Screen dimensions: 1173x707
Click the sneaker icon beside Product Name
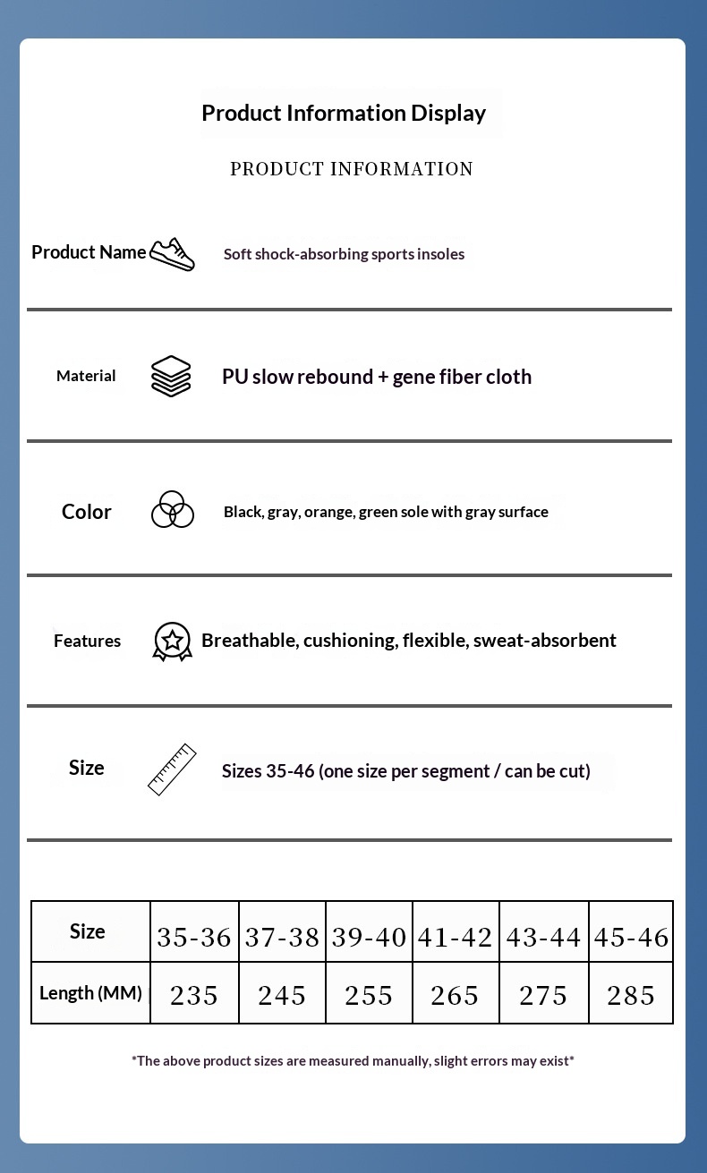[172, 254]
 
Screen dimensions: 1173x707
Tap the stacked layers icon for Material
[171, 376]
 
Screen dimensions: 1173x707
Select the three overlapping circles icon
[172, 510]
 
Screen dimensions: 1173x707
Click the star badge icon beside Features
[172, 641]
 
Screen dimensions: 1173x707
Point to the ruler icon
[172, 769]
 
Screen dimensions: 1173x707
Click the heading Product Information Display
[344, 113]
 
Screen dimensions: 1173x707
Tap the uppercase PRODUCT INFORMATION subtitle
[352, 169]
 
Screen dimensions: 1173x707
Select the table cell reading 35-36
[194, 937]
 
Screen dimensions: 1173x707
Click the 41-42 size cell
[455, 937]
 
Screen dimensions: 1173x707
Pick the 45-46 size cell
[631, 937]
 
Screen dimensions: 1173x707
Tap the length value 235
[194, 995]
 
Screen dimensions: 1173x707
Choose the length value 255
[369, 995]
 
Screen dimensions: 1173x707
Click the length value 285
[631, 995]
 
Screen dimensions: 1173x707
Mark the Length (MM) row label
[90, 993]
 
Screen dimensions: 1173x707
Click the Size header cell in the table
[88, 931]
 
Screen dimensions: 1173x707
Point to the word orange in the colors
[328, 512]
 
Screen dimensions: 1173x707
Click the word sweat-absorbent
[544, 641]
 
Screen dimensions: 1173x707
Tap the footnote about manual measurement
[353, 1061]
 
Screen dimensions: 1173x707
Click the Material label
[86, 376]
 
